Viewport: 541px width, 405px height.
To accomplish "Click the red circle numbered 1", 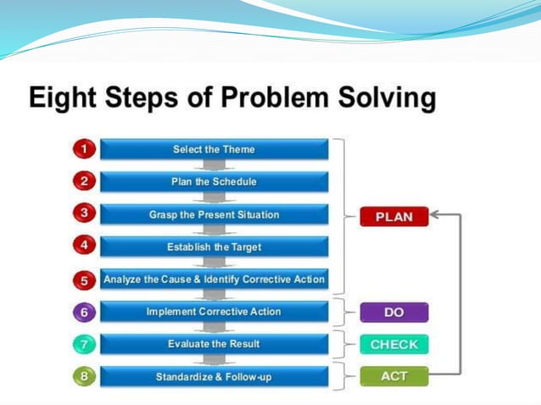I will [x=83, y=149].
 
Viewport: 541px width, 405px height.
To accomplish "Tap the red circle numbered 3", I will [x=83, y=214].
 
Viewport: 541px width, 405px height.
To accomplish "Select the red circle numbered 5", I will [x=83, y=279].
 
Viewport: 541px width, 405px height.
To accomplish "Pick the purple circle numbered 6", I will [x=83, y=312].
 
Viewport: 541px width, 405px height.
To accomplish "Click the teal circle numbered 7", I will [x=83, y=344].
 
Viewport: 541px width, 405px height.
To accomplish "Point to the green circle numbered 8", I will [x=83, y=376].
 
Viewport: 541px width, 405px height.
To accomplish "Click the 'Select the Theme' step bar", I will [x=214, y=150].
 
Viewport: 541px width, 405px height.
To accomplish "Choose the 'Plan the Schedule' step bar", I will [x=214, y=181].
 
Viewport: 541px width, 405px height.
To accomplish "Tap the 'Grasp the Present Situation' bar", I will [x=214, y=214].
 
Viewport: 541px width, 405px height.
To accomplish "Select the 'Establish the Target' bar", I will [x=214, y=247].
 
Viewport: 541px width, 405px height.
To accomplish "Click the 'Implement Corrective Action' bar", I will [x=214, y=312].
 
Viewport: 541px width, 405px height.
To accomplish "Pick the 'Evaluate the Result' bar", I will [x=214, y=344].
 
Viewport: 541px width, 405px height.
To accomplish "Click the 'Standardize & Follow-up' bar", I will [x=214, y=376].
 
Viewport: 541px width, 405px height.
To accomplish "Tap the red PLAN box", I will [x=393, y=217].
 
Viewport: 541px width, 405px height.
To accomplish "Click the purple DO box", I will [x=393, y=313].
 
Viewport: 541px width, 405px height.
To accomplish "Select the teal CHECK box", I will [x=393, y=345].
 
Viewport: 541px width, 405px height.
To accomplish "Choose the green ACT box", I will [x=393, y=376].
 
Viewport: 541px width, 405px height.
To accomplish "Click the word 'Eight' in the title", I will [x=64, y=100].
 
